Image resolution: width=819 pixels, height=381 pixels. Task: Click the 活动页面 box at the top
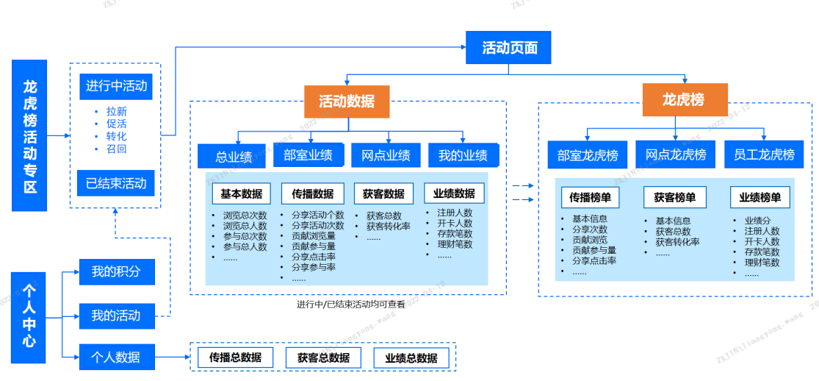(x=508, y=48)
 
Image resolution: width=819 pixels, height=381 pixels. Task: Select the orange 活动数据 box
(x=347, y=102)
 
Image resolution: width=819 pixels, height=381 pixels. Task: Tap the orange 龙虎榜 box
(x=685, y=99)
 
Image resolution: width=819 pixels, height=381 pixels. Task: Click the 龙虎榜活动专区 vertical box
(x=29, y=135)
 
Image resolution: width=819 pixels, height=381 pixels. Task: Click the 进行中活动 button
(x=116, y=86)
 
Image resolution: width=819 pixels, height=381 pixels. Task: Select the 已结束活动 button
(x=116, y=183)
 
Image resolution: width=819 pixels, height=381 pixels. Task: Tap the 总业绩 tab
(x=234, y=157)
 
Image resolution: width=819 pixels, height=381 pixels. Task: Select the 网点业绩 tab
(x=386, y=155)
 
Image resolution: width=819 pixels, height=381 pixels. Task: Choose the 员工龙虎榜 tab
(x=764, y=154)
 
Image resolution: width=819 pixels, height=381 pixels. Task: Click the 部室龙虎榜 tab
(x=588, y=155)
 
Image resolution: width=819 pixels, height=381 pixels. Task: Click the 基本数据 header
(x=241, y=193)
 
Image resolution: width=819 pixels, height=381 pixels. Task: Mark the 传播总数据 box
(x=235, y=357)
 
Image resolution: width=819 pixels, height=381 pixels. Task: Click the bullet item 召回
(x=116, y=149)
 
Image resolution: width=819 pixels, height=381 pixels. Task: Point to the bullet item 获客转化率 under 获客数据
(x=388, y=226)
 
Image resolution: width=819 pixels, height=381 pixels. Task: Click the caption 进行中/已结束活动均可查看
(x=350, y=304)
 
